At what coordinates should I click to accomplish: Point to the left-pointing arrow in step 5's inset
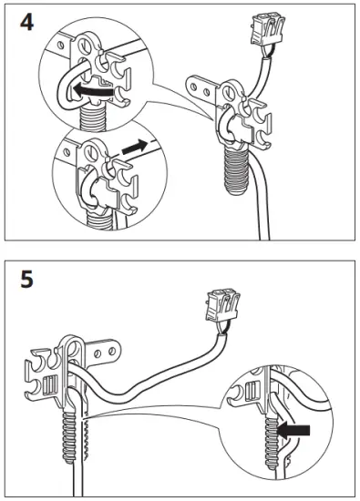click(x=295, y=428)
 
